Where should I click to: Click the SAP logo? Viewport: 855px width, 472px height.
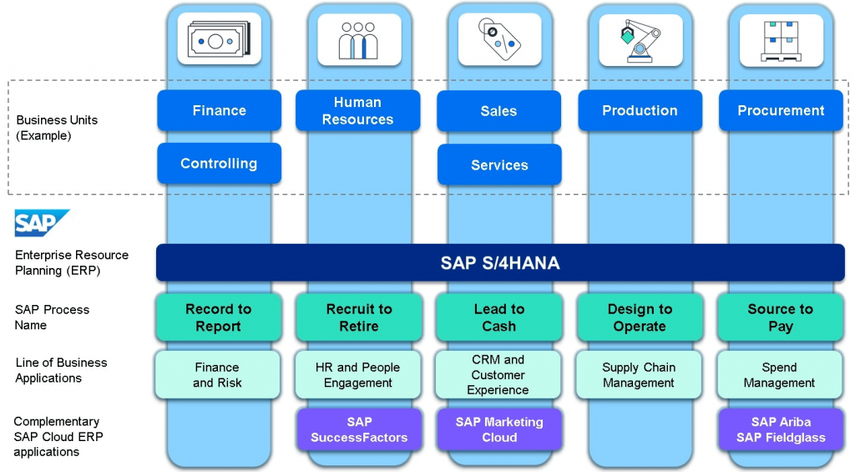pyautogui.click(x=41, y=223)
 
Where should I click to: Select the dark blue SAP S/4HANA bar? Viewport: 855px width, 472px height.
pyautogui.click(x=500, y=263)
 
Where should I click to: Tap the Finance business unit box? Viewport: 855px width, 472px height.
pyautogui.click(x=219, y=111)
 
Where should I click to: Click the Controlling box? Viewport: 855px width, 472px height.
pyautogui.click(x=219, y=164)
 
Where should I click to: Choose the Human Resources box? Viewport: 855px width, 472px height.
pyautogui.click(x=357, y=111)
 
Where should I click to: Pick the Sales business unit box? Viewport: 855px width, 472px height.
pyautogui.click(x=498, y=111)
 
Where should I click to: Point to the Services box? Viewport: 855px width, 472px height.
pyautogui.click(x=498, y=165)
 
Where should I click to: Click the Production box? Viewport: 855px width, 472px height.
pyautogui.click(x=640, y=111)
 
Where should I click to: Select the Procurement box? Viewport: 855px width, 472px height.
pyautogui.click(x=781, y=111)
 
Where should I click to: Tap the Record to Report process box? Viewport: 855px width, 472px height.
pyautogui.click(x=219, y=317)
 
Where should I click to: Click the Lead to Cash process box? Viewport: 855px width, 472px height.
pyautogui.click(x=498, y=317)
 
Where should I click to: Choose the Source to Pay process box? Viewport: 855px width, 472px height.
pyautogui.click(x=781, y=317)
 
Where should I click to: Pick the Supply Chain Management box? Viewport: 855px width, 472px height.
pyautogui.click(x=639, y=375)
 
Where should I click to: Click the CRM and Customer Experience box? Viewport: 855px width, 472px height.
pyautogui.click(x=498, y=375)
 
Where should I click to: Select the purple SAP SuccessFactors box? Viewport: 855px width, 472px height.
pyautogui.click(x=358, y=429)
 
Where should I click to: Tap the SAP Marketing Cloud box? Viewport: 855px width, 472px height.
pyautogui.click(x=498, y=429)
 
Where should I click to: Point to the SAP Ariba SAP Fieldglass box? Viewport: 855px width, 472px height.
pyautogui.click(x=781, y=429)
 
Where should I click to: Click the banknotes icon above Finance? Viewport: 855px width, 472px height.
pyautogui.click(x=219, y=39)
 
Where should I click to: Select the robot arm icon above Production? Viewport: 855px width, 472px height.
pyautogui.click(x=640, y=39)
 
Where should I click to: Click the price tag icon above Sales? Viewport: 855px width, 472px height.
pyautogui.click(x=498, y=39)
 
